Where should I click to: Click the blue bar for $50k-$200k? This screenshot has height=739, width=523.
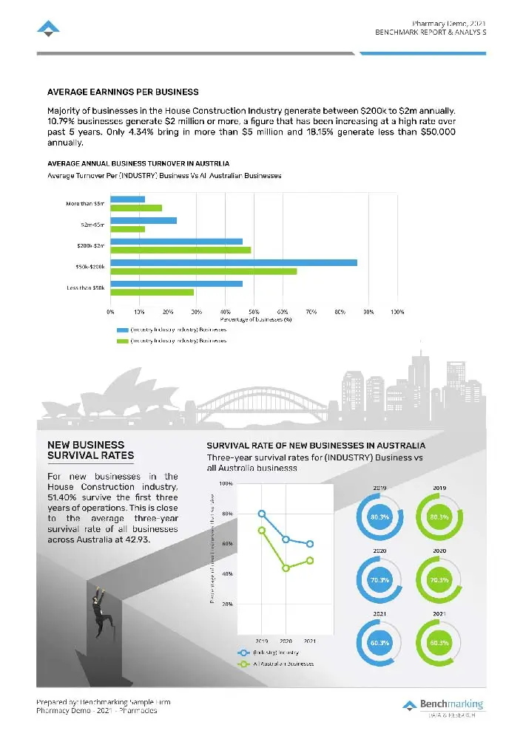click(x=234, y=262)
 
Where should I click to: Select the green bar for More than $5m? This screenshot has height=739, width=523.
click(x=136, y=208)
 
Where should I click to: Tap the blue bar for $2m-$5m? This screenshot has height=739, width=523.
click(x=144, y=220)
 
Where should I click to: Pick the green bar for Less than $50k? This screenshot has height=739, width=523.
click(x=152, y=292)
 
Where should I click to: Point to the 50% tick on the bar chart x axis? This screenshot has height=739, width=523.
click(x=254, y=313)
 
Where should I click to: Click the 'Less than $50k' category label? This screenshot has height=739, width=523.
click(x=86, y=287)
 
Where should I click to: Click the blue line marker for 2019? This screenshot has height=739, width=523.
click(x=262, y=514)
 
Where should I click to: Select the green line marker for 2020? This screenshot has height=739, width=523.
click(x=286, y=568)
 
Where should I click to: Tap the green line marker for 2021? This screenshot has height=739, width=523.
click(x=310, y=560)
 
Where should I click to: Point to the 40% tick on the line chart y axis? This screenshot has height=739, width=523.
click(x=226, y=573)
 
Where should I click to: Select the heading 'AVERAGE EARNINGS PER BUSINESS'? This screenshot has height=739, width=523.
click(x=123, y=92)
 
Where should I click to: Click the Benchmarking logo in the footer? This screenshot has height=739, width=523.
click(x=443, y=706)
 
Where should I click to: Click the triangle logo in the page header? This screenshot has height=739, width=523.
click(x=48, y=29)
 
